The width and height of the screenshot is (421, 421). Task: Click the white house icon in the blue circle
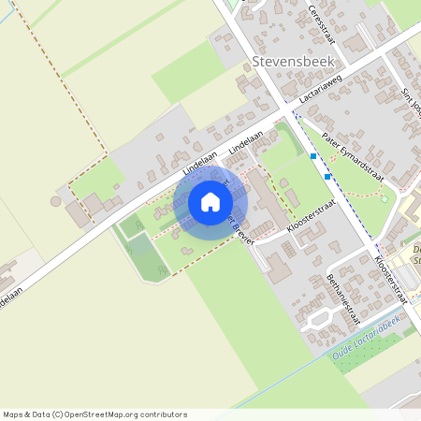point(210,202)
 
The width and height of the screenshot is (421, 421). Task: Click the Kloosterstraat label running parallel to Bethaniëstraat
point(391,278)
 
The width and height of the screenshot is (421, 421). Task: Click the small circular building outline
point(56,200)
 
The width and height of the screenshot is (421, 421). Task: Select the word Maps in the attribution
point(14,414)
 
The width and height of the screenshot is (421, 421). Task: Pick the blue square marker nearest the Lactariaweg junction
point(312,155)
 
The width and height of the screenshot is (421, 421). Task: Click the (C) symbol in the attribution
point(58,414)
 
